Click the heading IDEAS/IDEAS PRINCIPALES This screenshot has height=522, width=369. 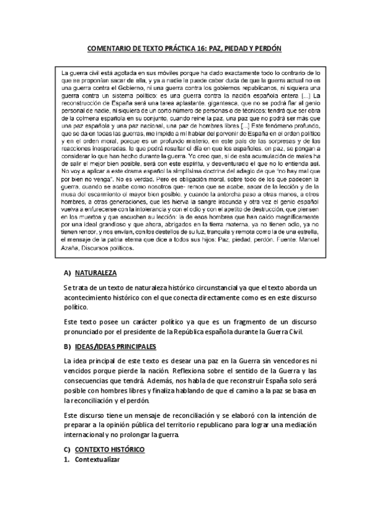[115, 347]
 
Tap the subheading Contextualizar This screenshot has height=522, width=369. [97, 460]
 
